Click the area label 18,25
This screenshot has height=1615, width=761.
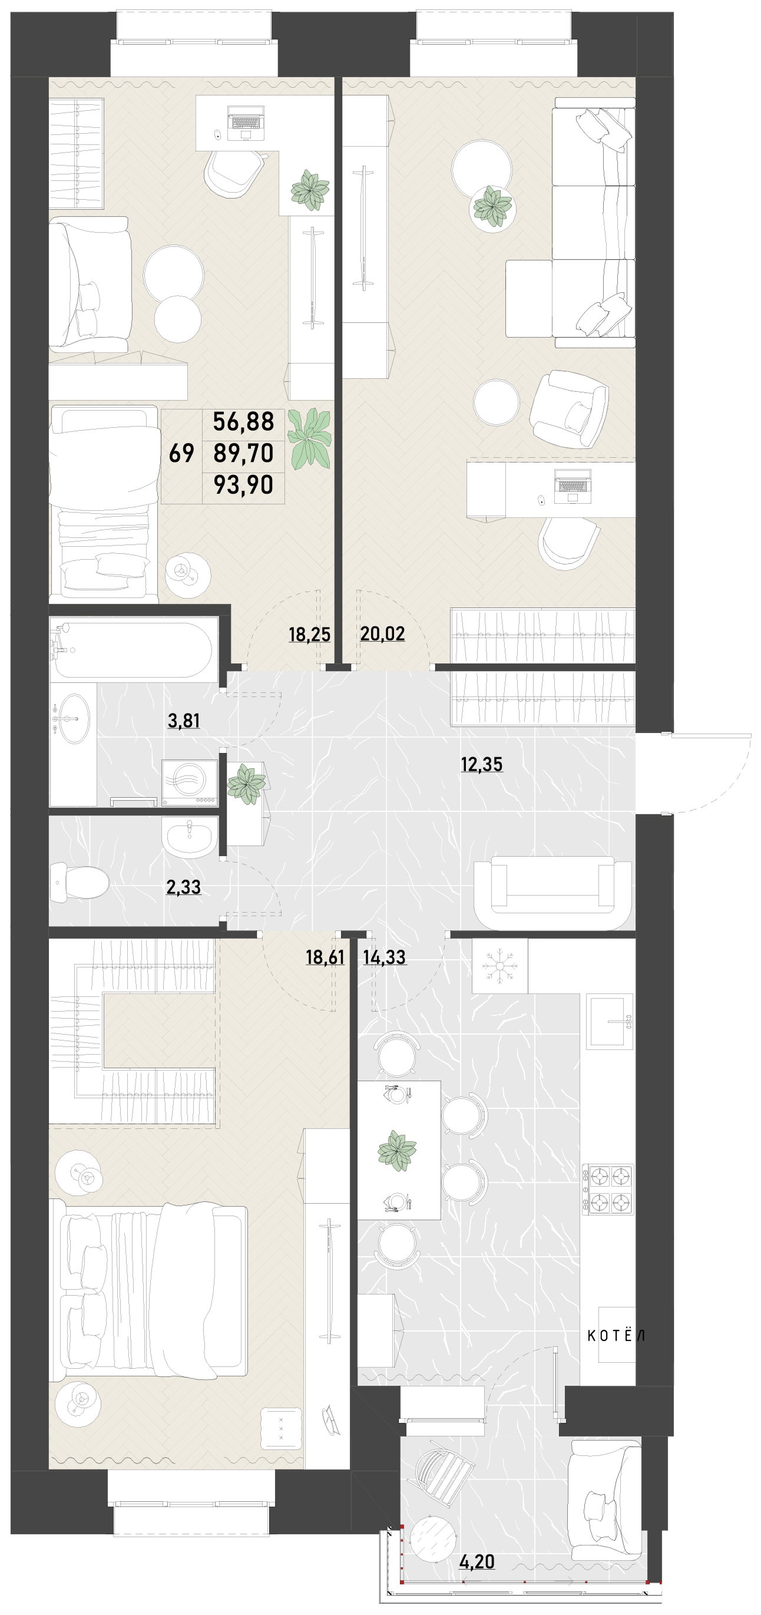309,634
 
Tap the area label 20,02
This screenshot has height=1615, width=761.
382,634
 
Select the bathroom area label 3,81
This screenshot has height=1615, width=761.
184,721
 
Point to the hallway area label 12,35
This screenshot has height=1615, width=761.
481,764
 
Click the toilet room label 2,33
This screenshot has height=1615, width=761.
184,887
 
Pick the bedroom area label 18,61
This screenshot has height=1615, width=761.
325,957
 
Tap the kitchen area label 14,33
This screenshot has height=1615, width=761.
384,957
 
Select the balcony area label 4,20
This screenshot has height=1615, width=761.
477,1562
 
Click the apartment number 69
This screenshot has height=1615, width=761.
182,453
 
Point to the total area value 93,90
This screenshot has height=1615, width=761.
243,485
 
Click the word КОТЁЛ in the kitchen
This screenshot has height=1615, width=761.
616,1336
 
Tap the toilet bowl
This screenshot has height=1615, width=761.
79,882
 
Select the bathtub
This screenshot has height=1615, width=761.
135,649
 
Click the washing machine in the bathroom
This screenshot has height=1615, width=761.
189,782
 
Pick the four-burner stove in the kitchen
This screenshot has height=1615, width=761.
607,1190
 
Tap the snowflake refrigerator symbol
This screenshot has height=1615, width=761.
499,966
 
